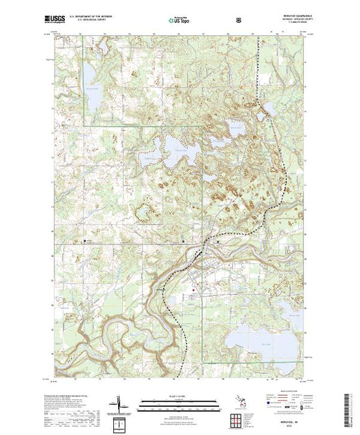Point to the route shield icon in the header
239,19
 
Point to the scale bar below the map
176,401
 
